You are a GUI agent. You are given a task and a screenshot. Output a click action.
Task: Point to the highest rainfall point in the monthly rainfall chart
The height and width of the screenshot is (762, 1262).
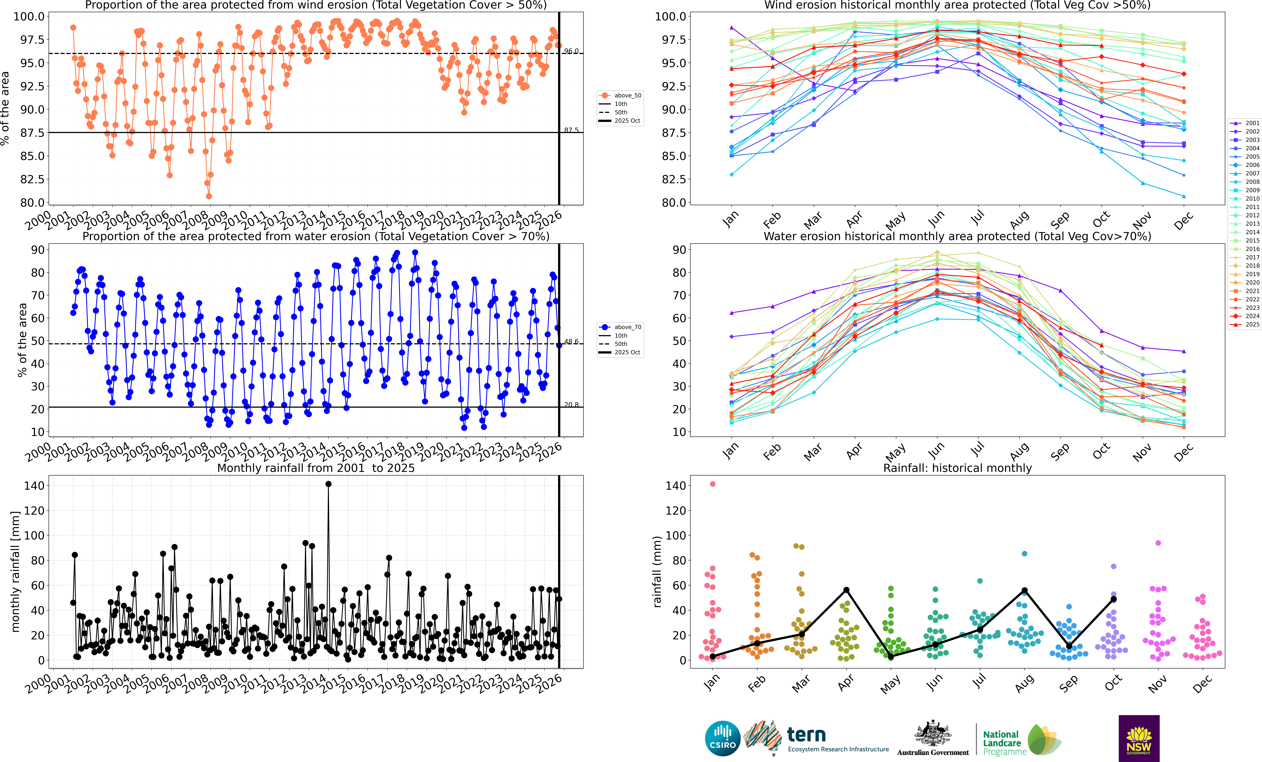[x=328, y=484]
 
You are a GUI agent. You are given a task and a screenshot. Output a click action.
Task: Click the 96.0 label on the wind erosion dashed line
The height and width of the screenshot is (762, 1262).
[x=571, y=51]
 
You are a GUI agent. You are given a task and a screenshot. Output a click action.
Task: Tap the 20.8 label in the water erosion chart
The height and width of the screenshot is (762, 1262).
[x=571, y=405]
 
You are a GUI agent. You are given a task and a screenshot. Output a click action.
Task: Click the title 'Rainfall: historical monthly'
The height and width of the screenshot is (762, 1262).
[x=957, y=468]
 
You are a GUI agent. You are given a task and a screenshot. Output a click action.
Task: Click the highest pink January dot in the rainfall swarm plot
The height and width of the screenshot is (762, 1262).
[x=712, y=484]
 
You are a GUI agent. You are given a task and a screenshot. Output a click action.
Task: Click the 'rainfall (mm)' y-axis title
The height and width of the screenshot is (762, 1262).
[x=657, y=571]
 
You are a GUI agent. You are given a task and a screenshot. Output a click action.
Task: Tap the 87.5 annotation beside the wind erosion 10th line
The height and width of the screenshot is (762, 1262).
[x=571, y=130]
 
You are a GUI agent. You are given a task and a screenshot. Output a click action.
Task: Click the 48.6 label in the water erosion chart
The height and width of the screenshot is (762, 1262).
[x=571, y=341]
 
